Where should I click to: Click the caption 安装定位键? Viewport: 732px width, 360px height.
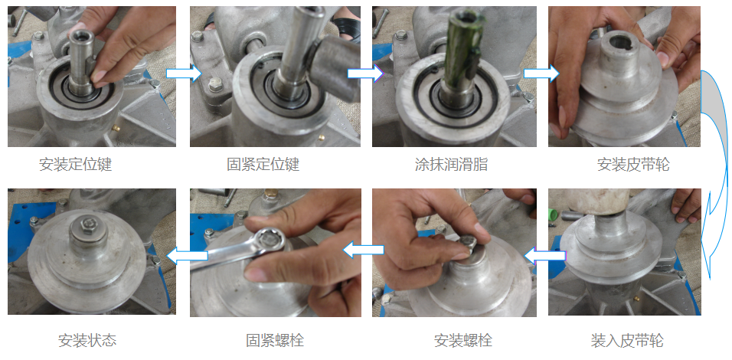coord(76,165)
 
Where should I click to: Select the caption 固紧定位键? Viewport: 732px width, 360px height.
coord(263,165)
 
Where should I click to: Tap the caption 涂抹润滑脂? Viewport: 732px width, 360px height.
coord(452,165)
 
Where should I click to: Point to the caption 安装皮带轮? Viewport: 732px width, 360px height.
coord(633,165)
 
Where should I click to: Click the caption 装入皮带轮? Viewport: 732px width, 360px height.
coord(627,340)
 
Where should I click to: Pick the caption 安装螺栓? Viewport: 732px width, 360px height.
coord(463,340)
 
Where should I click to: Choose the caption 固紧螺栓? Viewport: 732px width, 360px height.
coord(275,340)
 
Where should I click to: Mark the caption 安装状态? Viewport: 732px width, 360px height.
coord(87,340)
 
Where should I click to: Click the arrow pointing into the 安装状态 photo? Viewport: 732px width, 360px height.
coord(187,256)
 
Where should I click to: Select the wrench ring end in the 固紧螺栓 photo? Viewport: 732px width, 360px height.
coord(269,240)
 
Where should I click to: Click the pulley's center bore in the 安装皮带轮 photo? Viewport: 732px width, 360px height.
coord(619,46)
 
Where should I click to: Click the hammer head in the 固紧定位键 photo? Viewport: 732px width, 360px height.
coord(335,67)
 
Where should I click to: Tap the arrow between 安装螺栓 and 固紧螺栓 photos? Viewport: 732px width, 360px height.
coord(364,250)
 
